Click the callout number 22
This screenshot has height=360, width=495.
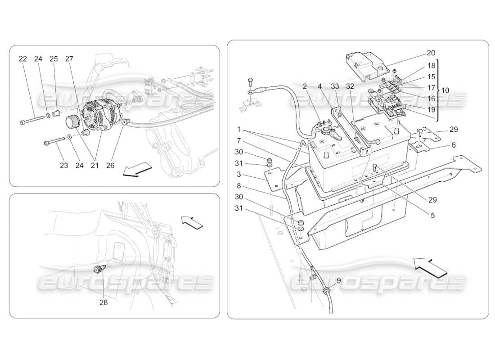point(23,59)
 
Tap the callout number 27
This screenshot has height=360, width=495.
point(69,59)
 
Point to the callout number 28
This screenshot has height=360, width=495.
point(103,302)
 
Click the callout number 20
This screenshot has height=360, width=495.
point(431,53)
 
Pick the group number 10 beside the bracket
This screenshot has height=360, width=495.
point(445,90)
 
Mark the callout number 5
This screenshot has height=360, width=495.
point(432,216)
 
